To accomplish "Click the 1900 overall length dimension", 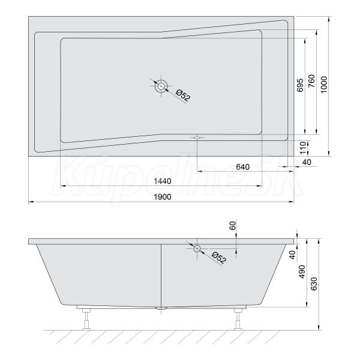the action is click(x=163, y=197).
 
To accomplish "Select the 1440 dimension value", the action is click(x=163, y=181).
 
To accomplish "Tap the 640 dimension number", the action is click(x=242, y=167).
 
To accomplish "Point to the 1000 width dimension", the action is click(x=324, y=85).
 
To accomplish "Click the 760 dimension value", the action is click(x=311, y=80).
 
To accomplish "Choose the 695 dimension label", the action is click(x=300, y=85).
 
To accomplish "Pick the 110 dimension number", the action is click(x=303, y=148).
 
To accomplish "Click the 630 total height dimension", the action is click(x=314, y=284).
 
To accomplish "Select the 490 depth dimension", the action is click(x=302, y=272).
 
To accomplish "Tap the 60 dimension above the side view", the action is click(x=233, y=226).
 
